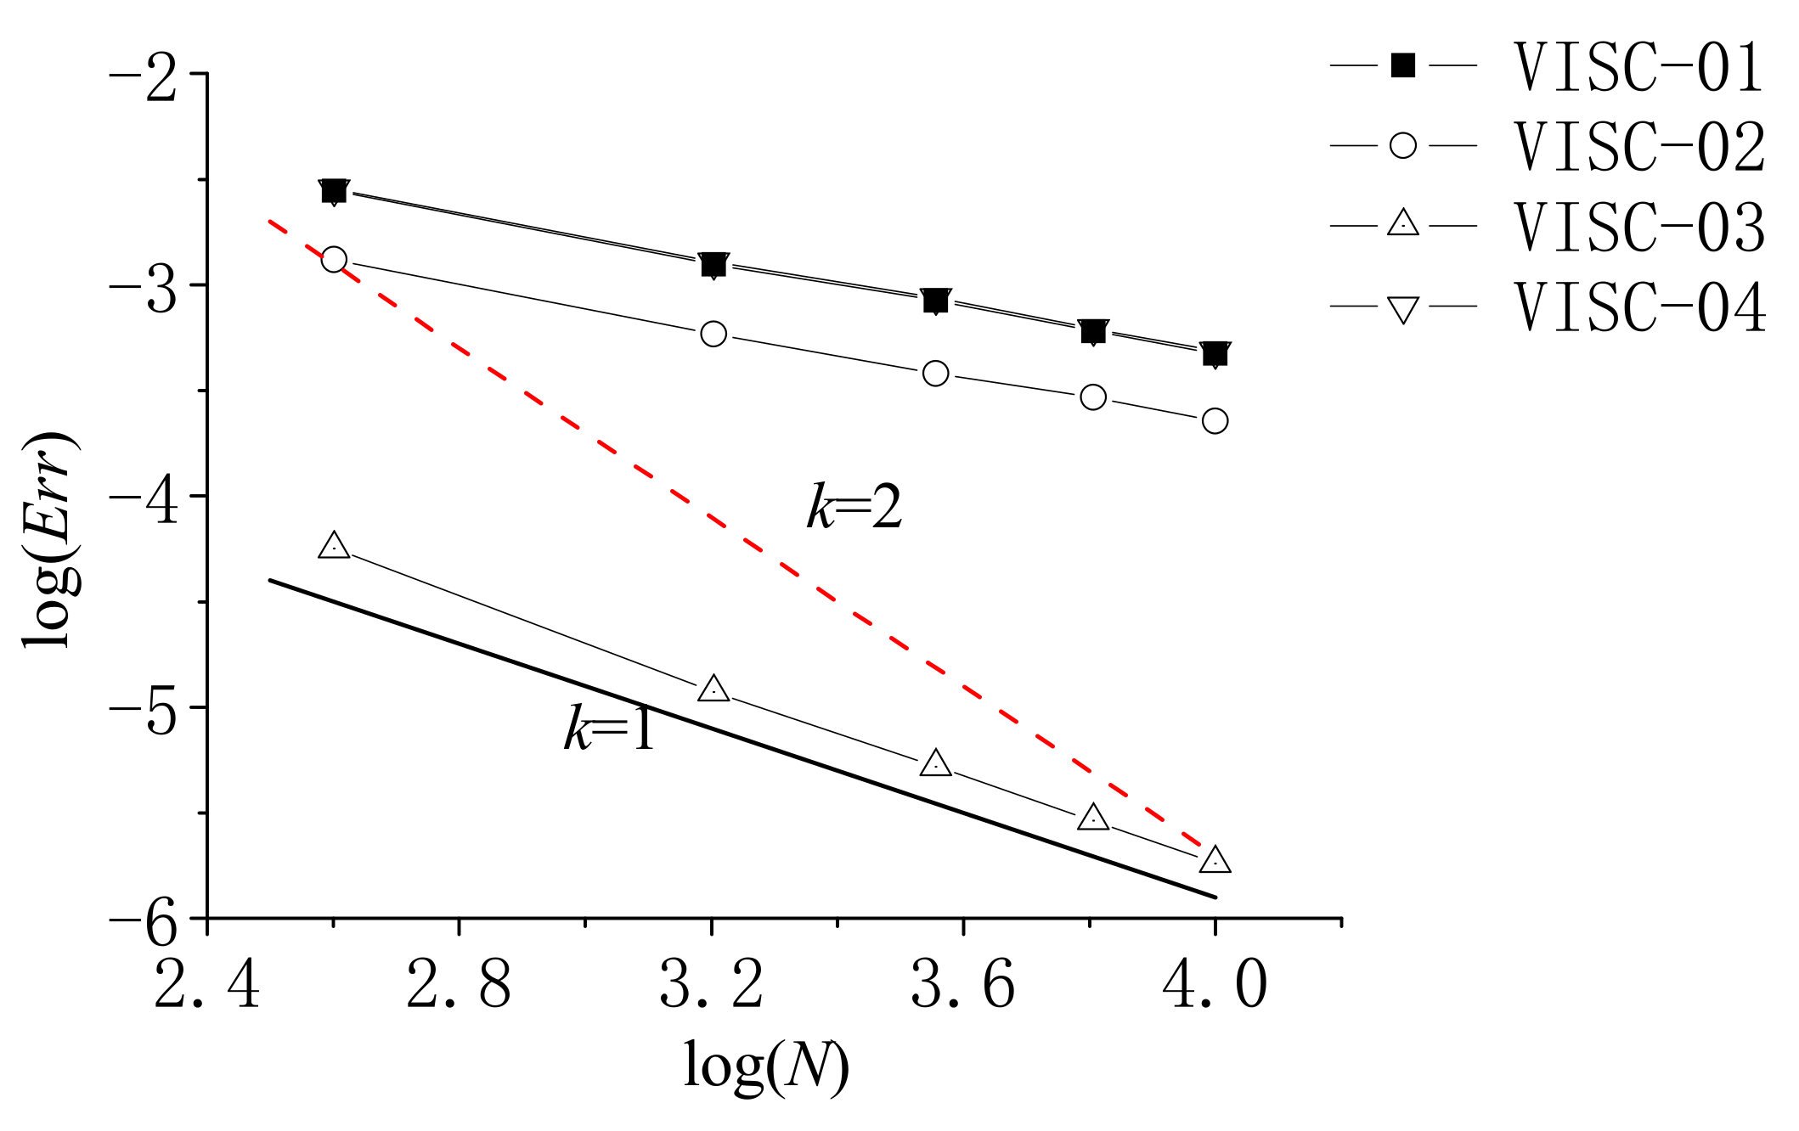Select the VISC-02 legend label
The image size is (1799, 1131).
click(1639, 146)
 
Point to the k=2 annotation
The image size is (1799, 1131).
click(854, 508)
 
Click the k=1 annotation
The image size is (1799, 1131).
click(609, 729)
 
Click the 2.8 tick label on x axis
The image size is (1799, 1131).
click(459, 986)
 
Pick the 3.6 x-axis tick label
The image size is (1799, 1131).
click(963, 986)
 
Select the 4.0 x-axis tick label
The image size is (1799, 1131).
click(1215, 986)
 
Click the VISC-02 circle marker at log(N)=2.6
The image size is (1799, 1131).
click(334, 259)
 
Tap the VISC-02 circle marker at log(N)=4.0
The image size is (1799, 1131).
click(1215, 420)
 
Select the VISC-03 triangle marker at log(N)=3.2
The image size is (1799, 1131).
click(713, 689)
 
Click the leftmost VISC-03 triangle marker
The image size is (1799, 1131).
click(334, 546)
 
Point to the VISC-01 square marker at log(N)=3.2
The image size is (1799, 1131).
click(713, 265)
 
